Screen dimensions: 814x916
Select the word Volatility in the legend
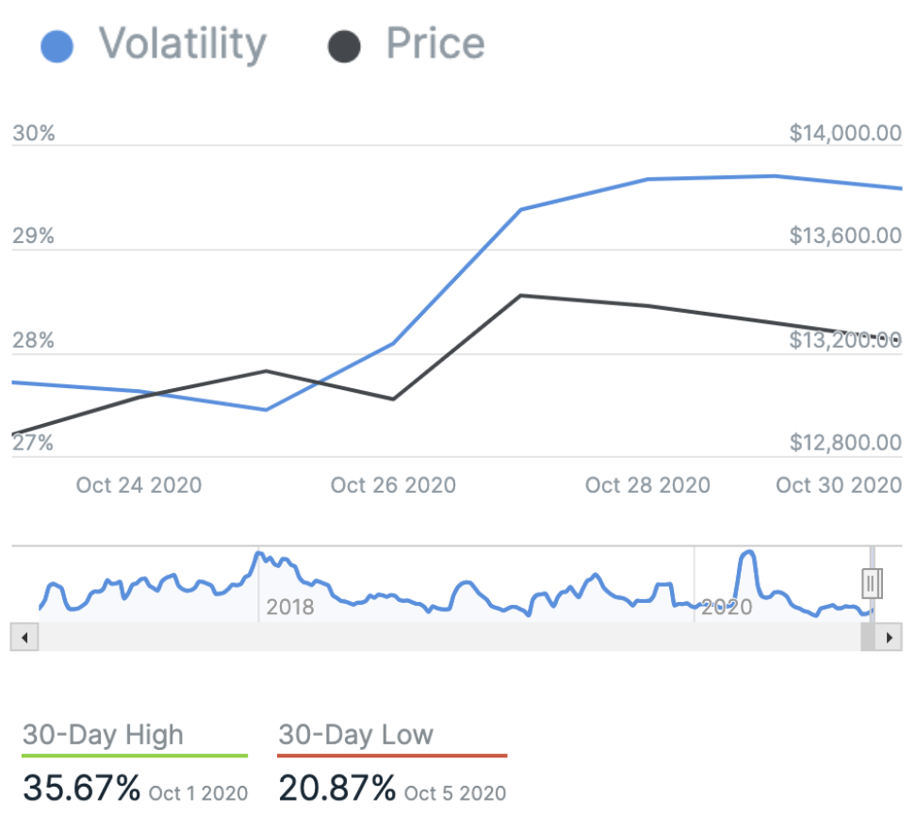pos(183,44)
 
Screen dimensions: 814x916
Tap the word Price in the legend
pos(435,44)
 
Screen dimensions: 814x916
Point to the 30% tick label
pos(34,134)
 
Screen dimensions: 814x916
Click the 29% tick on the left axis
pos(34,236)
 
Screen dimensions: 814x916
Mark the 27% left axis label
pos(34,443)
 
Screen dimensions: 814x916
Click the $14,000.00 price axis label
pos(845,134)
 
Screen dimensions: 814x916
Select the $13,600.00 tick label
pos(845,236)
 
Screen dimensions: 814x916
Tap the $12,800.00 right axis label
pos(845,443)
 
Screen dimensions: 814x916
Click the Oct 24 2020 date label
pos(139,485)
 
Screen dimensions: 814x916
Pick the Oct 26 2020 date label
pos(393,485)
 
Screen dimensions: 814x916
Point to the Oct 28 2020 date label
pos(647,485)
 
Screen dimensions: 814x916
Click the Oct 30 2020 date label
pos(838,485)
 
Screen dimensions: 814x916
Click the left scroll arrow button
pos(24,638)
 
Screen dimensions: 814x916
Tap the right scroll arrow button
pos(889,638)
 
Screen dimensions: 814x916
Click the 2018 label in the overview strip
pos(290,607)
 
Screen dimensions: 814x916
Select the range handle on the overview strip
pos(872,583)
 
